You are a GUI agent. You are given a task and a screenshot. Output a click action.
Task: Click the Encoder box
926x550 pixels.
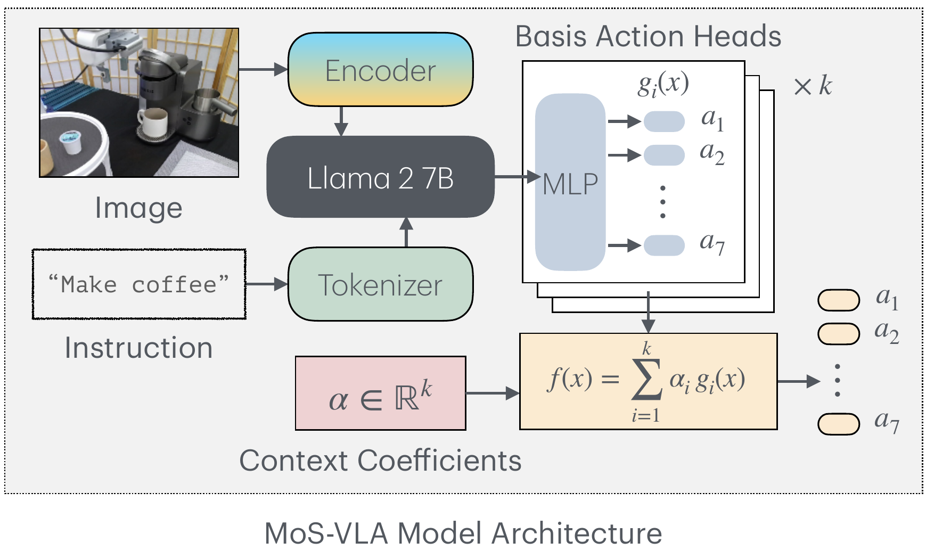click(380, 70)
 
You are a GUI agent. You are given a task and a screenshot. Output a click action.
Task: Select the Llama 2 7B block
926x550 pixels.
click(380, 177)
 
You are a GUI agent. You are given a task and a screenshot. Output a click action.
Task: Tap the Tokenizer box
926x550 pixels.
click(380, 284)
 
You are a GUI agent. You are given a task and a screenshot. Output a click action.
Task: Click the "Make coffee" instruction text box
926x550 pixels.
click(139, 284)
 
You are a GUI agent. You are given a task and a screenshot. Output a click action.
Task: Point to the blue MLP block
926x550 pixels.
click(570, 183)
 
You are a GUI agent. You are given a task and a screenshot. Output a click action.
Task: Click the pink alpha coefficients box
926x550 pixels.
click(380, 393)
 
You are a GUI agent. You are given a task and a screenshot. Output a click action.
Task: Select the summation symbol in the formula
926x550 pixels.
click(646, 380)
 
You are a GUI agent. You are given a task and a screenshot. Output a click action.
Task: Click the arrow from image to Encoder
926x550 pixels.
click(263, 69)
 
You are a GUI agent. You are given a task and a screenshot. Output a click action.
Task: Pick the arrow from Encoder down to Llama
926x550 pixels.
click(341, 121)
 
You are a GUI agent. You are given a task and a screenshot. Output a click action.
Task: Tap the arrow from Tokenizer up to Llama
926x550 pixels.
click(406, 232)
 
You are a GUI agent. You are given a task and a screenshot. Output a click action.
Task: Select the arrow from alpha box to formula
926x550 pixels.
click(492, 393)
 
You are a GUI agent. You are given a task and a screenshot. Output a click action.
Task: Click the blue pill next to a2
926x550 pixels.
click(664, 155)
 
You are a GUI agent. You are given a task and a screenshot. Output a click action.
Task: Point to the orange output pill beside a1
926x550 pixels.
click(838, 300)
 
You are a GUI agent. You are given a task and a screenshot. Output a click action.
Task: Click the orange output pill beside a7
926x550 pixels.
click(838, 424)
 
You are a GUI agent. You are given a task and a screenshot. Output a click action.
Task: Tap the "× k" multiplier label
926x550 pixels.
click(813, 86)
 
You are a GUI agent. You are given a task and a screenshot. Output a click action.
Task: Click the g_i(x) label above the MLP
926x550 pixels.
click(663, 84)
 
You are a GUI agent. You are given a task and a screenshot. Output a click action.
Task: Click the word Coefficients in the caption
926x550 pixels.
click(439, 461)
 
